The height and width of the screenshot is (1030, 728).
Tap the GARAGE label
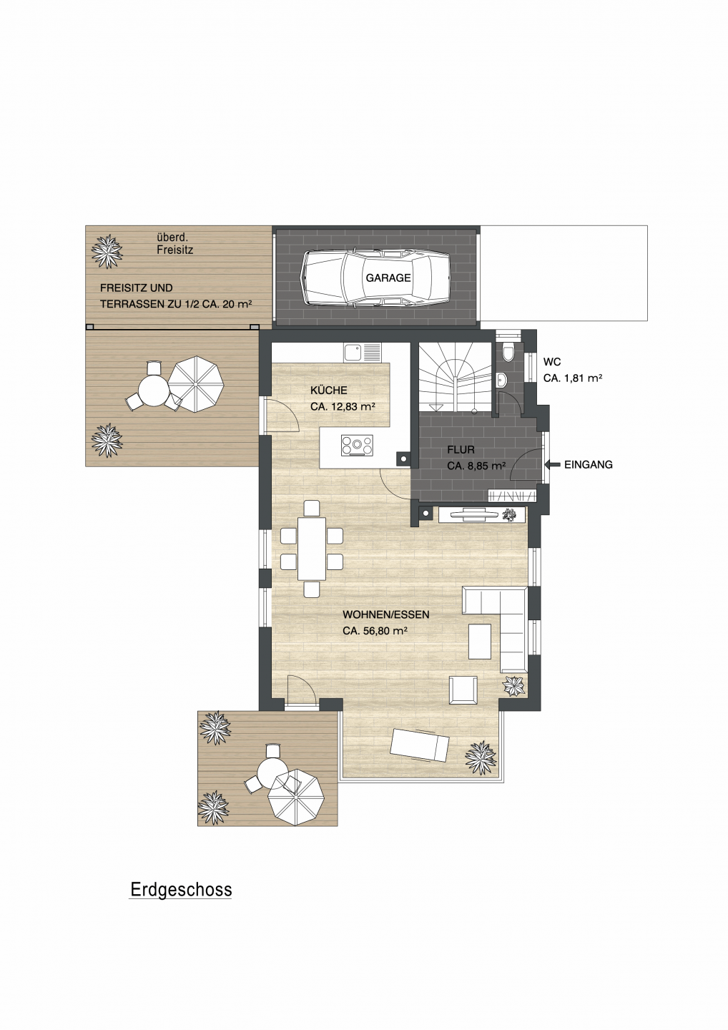coord(388,278)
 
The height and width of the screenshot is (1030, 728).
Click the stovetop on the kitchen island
coord(357,445)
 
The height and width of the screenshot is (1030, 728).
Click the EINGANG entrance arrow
coord(552,464)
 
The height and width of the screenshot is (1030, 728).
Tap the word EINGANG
coord(589,465)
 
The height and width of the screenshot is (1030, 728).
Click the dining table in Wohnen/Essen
coord(312,549)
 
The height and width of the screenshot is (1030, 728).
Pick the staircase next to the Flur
coord(455,378)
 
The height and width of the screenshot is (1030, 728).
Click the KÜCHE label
coord(329,391)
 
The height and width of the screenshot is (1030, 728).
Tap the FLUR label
coord(461,450)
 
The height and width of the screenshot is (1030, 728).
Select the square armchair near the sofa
coord(463,690)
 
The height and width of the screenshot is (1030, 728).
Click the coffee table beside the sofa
coord(480,641)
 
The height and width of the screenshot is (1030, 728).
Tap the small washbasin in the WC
coord(502,379)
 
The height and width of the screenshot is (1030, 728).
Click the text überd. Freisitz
coord(174,244)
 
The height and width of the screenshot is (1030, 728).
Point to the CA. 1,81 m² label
coord(573,378)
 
